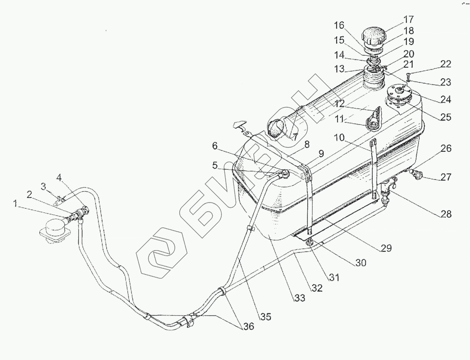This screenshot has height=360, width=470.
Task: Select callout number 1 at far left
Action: tap(15, 204)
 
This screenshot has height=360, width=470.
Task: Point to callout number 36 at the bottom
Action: tap(249, 326)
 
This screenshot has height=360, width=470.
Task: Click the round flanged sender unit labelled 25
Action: tap(399, 95)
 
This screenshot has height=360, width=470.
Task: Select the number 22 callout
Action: tap(446, 64)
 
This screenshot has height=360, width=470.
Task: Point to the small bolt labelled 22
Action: tap(408, 75)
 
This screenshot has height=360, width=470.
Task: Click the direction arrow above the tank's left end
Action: tap(239, 125)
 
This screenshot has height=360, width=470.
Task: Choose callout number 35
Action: tap(266, 317)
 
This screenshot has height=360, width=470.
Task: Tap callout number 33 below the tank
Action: tap(300, 298)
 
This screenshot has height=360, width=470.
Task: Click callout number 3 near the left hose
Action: tap(43, 187)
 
